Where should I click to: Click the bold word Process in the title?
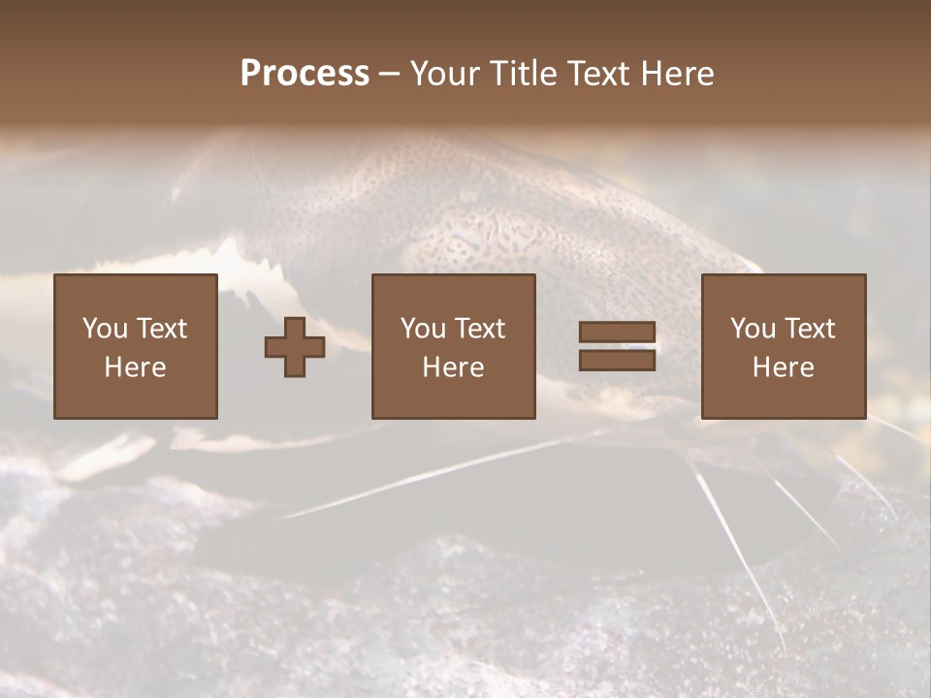305,74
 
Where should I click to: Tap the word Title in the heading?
522,74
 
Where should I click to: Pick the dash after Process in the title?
389,76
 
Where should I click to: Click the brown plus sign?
295,347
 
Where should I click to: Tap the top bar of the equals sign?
617,333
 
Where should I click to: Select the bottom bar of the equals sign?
617,360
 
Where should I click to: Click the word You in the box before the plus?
104,329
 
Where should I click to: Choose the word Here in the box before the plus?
135,367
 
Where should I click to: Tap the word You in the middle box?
423,329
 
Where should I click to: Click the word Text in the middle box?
479,329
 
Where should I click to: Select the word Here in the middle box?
454,367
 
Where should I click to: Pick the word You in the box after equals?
753,329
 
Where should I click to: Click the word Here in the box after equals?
784,367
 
